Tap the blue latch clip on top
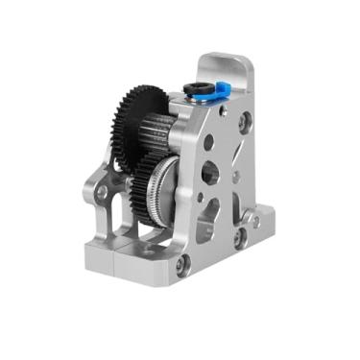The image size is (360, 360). [220, 90]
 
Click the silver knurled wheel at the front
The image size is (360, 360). [174, 182]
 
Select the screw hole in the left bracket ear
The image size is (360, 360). [102, 192]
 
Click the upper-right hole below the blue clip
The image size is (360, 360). [246, 123]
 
